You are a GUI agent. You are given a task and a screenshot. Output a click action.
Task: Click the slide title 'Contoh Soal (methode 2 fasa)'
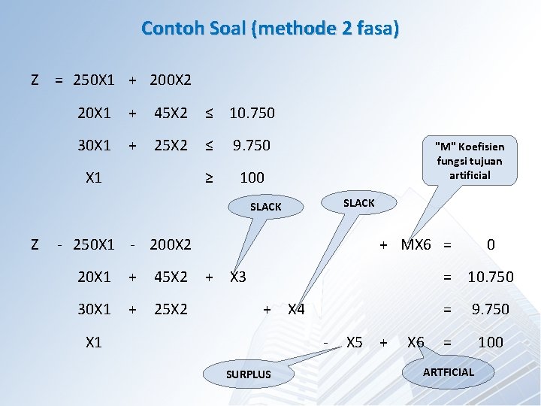[270, 29]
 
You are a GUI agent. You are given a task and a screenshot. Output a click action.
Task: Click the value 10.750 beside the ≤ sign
[252, 113]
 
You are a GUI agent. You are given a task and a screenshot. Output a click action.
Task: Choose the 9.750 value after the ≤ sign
[252, 145]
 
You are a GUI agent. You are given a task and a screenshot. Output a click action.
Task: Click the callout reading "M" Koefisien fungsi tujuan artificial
[470, 160]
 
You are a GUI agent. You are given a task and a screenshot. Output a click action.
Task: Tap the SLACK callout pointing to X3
[265, 207]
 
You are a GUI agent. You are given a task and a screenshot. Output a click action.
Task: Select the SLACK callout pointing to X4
[358, 203]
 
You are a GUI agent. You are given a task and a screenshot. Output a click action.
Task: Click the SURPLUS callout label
[249, 374]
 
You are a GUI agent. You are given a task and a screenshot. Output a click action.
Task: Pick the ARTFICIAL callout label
[449, 371]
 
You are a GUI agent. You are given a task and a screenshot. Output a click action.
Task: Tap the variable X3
[237, 277]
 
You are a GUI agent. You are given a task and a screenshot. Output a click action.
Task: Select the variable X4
[296, 309]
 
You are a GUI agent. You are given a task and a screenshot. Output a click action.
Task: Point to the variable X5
[354, 342]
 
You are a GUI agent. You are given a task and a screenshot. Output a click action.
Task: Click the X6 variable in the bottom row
[415, 342]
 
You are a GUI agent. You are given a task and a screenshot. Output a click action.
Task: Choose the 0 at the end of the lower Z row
[491, 244]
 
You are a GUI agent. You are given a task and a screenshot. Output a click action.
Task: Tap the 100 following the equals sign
[491, 342]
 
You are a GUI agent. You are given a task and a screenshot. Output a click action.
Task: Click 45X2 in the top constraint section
[171, 113]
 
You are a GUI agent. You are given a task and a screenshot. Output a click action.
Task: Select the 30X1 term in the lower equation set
[94, 309]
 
